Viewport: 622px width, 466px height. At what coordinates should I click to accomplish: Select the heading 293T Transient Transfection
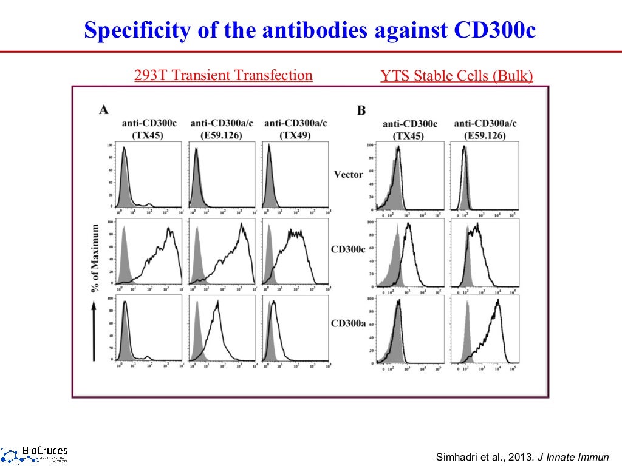click(223, 75)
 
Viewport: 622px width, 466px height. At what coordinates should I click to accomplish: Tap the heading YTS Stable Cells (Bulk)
click(457, 76)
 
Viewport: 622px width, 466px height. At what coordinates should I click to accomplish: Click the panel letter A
click(104, 110)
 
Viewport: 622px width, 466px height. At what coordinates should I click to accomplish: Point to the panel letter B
click(361, 110)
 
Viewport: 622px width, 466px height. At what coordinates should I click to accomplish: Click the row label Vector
click(349, 174)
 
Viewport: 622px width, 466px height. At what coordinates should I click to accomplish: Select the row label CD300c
click(348, 249)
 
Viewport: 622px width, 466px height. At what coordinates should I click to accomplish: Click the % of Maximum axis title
click(95, 258)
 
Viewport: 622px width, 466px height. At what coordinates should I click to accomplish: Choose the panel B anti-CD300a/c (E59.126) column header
click(485, 129)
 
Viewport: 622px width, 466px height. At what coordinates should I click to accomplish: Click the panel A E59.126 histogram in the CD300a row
click(222, 329)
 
